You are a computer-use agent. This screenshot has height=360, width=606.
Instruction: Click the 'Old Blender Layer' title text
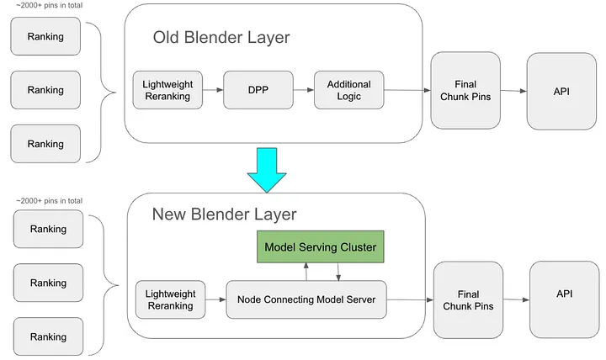221,38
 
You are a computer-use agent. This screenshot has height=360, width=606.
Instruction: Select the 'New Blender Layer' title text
224,214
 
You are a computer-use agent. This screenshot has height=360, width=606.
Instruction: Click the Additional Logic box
348,90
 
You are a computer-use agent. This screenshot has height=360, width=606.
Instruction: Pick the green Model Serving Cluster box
320,247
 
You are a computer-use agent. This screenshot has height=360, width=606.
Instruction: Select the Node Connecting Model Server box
306,299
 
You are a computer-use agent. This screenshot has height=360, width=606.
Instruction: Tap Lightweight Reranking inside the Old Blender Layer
167,90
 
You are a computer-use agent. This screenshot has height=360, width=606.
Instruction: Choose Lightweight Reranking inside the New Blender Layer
170,299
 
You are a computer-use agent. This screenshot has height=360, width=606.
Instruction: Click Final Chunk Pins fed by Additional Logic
465,91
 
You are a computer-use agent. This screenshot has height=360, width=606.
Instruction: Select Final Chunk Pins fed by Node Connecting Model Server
468,299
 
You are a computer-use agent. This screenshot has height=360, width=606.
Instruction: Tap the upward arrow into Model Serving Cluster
306,272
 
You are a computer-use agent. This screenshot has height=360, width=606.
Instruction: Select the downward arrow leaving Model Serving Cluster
338,272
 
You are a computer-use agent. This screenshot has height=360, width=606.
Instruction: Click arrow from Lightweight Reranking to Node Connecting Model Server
215,299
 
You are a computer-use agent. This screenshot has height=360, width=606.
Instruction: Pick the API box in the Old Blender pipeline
561,91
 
